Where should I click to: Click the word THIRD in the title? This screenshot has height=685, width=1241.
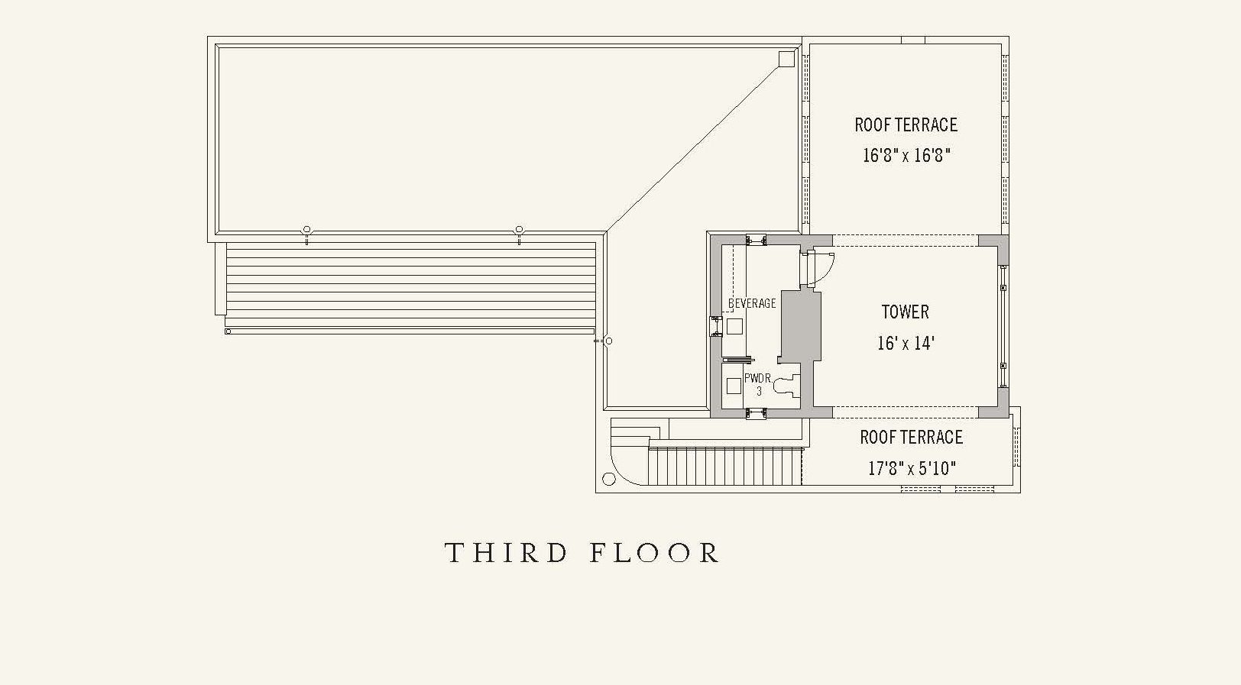click(507, 553)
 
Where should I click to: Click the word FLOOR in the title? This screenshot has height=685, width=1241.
click(654, 553)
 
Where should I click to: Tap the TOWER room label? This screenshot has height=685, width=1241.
click(906, 312)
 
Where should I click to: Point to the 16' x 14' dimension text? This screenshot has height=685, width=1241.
click(906, 344)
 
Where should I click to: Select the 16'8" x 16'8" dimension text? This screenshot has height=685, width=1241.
click(906, 155)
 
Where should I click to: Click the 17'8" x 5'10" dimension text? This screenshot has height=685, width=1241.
click(912, 468)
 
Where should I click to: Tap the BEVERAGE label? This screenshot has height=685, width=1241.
click(752, 303)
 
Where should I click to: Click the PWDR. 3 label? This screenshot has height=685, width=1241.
click(759, 384)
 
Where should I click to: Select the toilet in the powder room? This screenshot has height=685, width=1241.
click(787, 386)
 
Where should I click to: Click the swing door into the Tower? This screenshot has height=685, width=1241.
click(819, 269)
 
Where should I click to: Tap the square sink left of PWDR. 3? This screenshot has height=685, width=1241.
click(734, 386)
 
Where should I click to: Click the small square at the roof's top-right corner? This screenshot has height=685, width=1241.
click(787, 59)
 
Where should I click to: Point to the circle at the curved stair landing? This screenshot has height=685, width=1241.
click(609, 479)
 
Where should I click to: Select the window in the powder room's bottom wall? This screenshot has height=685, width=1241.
click(756, 413)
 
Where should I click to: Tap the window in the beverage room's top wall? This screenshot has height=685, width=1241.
click(756, 240)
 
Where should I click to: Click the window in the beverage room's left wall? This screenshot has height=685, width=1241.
click(716, 326)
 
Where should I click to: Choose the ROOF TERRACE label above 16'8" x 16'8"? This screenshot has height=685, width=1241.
click(906, 124)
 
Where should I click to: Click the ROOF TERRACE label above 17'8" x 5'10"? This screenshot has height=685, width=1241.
click(912, 438)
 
